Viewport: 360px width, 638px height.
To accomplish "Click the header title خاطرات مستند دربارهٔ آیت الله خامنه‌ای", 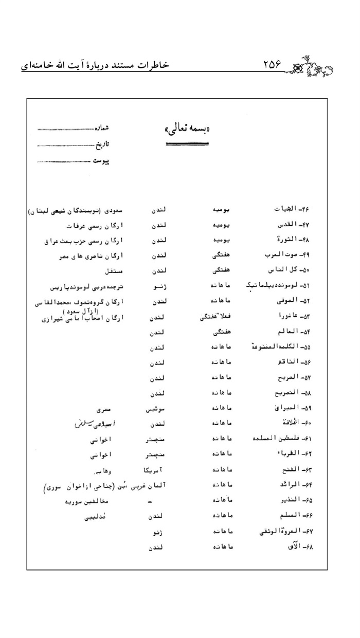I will point(95,66).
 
